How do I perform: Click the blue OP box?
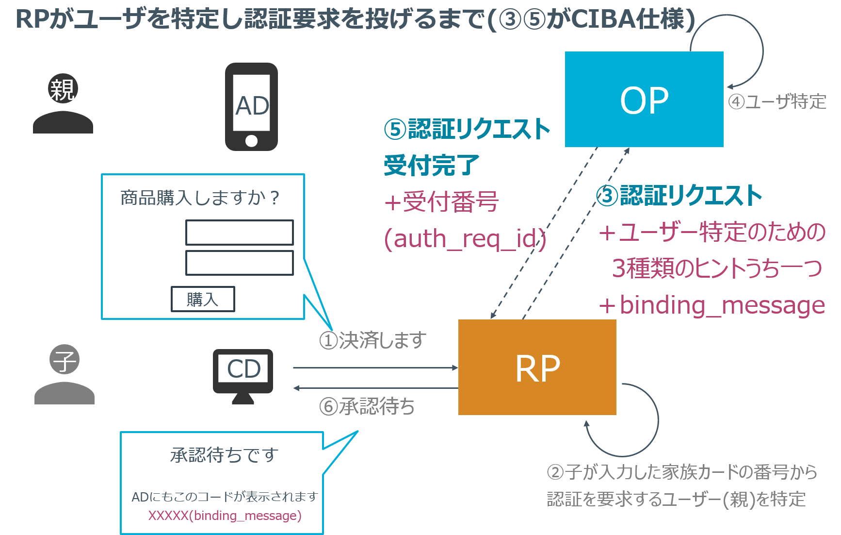coord(644,100)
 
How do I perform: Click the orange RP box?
coord(537,368)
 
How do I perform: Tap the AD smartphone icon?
coord(251,107)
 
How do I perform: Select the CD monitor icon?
coord(243,374)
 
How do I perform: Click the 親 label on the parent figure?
coord(63,89)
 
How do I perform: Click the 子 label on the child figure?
coord(65,360)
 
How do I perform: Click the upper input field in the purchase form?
coord(240,233)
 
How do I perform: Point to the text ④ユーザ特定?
coord(777,102)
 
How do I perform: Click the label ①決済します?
coord(372,340)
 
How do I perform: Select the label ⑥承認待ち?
coord(367,406)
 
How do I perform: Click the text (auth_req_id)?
coord(465,239)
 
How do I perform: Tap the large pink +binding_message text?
coord(712,305)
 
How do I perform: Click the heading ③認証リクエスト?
coord(679,196)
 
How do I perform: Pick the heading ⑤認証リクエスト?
coord(467,129)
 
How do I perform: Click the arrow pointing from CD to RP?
coord(376,368)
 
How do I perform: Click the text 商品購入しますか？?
coord(200,198)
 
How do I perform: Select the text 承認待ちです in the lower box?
coord(224,455)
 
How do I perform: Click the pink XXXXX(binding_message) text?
coord(225,515)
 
